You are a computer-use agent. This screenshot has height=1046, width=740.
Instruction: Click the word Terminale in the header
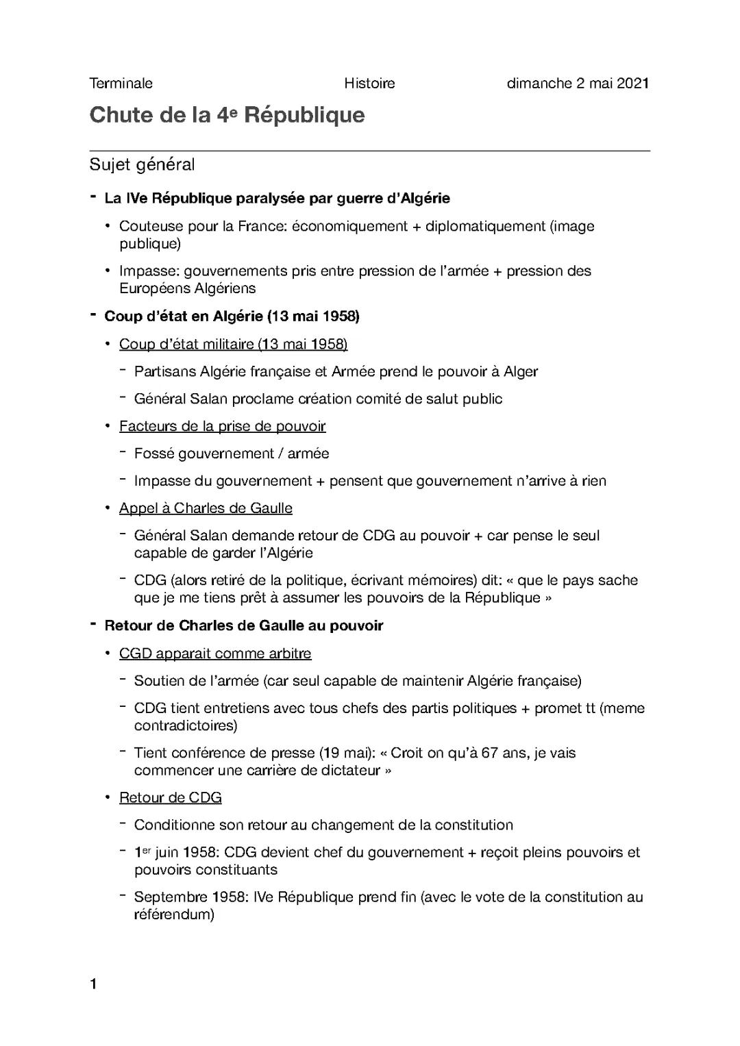pos(121,84)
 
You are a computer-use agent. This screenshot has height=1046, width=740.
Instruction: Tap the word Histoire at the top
pos(369,84)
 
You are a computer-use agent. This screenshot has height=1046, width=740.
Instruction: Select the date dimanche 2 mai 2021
pos(578,84)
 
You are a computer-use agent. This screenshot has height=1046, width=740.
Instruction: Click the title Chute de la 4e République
pos(227,115)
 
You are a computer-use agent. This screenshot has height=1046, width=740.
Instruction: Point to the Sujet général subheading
pos(142,165)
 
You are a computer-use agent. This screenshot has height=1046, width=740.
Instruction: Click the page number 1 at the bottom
pos(93,985)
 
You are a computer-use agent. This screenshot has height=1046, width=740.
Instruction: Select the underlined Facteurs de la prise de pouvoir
pos(222,426)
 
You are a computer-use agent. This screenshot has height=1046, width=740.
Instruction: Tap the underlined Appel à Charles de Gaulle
pos(206,508)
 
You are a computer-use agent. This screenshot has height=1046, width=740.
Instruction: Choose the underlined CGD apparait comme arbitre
pos(215,653)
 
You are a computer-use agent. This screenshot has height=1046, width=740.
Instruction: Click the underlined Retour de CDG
pos(170,798)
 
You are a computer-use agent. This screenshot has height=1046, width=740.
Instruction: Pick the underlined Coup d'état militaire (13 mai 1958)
pos(233,344)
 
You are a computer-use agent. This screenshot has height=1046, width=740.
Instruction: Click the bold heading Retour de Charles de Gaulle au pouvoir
pos(243,625)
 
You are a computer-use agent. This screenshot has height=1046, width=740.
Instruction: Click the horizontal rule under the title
pos(369,150)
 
